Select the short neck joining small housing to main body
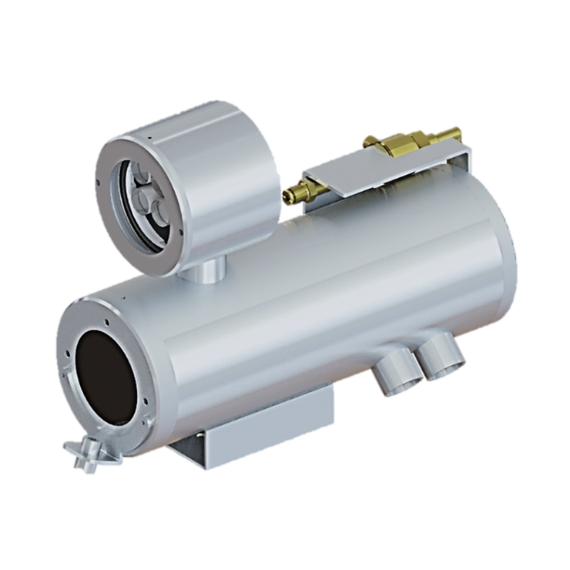[206, 270]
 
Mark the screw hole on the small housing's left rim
[101, 183]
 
